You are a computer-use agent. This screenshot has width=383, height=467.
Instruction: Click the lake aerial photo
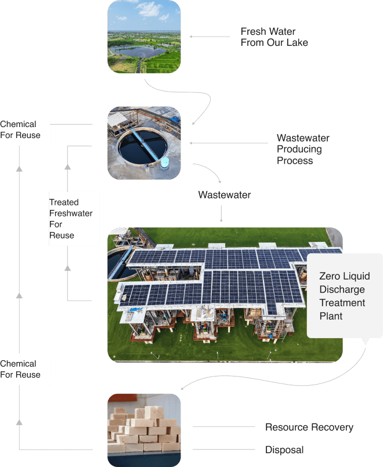[144, 37]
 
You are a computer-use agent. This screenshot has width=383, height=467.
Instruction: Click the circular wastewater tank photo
[144, 142]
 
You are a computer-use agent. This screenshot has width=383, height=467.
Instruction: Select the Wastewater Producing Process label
[302, 149]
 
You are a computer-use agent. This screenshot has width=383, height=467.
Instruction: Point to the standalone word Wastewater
[225, 195]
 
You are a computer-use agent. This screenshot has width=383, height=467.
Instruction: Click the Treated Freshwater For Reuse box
[70, 219]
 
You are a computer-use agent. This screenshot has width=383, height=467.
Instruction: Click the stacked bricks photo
[144, 430]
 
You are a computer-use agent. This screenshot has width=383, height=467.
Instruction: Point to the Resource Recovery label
[309, 428]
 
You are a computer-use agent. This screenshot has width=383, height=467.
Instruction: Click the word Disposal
[284, 450]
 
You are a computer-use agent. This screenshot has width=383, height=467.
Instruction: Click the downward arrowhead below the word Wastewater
[221, 220]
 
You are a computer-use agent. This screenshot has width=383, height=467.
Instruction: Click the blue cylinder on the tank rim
[166, 162]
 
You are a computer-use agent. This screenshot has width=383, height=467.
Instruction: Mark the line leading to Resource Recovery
[223, 428]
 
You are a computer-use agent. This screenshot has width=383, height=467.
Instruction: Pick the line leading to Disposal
[223, 450]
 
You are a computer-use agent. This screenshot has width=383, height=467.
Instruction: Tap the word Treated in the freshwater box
[63, 202]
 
